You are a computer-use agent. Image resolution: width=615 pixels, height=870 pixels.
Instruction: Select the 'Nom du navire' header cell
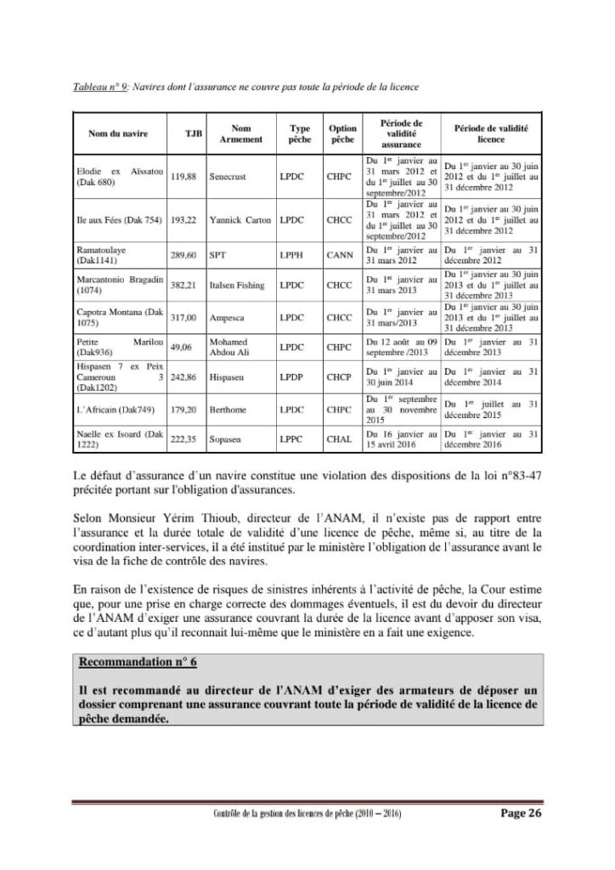pos(116,133)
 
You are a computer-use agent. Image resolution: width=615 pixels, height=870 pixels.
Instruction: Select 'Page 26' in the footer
pos(520,813)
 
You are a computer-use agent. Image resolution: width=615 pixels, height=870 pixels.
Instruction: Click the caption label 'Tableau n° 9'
pos(98,88)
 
